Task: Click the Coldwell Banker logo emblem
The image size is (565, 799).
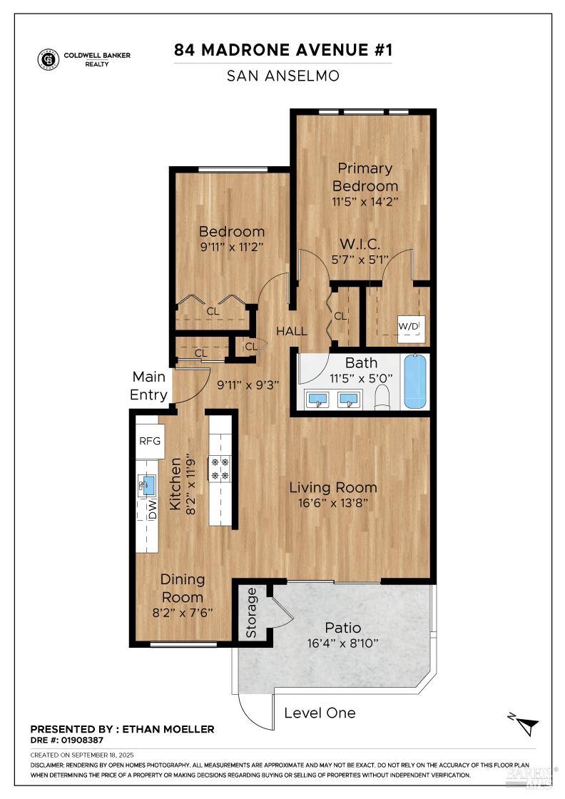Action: point(49,59)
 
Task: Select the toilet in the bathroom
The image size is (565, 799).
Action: point(383,397)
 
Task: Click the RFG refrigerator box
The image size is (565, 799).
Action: point(151,441)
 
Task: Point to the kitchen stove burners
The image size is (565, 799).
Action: point(220,469)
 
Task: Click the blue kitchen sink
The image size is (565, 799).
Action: point(148,487)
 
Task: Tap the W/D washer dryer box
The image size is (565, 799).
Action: point(409,327)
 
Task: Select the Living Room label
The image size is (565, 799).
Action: point(332,488)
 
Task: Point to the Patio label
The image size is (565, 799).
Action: point(343,628)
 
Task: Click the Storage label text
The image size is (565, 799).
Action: point(251,612)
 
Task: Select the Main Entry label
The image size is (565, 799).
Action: point(149,385)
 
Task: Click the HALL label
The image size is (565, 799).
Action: point(291,331)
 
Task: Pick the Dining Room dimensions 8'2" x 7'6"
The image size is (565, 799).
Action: point(182,612)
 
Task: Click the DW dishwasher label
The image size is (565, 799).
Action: point(152,509)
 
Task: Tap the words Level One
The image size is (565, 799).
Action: point(320,713)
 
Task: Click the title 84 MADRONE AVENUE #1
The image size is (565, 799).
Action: point(283,51)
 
